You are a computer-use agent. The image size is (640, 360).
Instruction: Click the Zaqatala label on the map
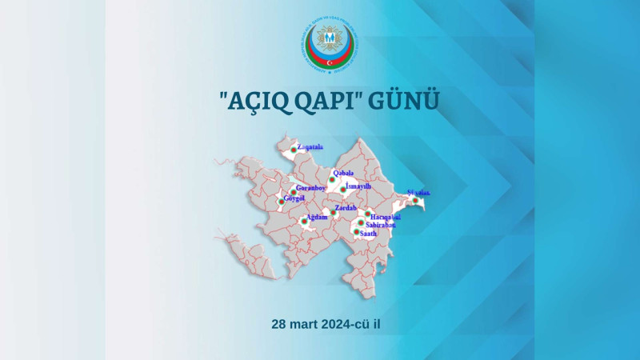[310, 147]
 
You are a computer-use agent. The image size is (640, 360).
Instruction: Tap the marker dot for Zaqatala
[294, 150]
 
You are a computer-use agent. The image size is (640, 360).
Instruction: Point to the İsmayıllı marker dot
[342, 190]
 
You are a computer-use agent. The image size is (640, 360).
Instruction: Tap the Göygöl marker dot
[281, 201]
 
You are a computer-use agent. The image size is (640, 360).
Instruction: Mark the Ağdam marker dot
[304, 221]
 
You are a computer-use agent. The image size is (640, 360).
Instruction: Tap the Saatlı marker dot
[357, 232]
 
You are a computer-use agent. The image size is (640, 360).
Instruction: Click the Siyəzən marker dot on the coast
[415, 200]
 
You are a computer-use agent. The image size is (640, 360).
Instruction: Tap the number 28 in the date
[279, 324]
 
